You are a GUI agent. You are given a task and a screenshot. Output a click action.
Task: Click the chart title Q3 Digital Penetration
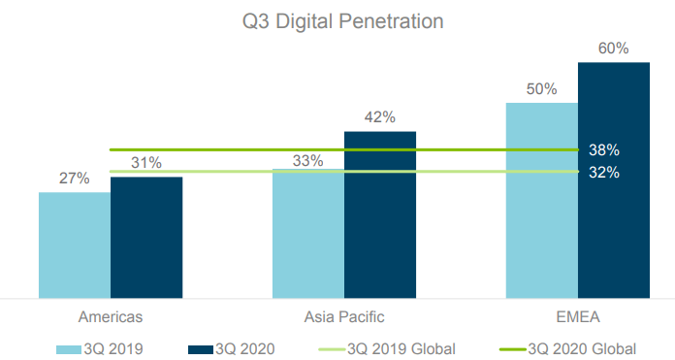(342, 21)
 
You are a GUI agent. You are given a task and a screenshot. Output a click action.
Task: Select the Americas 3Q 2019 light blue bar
(75, 245)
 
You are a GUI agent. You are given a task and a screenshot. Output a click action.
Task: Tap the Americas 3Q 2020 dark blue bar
(146, 238)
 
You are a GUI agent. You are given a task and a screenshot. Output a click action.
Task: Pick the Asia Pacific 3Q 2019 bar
(308, 234)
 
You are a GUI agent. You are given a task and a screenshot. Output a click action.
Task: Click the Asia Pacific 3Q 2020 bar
(380, 214)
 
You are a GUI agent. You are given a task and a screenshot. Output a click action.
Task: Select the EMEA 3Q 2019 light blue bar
(542, 200)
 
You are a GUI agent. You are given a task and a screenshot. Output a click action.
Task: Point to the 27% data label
(74, 178)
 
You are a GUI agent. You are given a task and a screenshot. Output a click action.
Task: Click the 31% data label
(146, 163)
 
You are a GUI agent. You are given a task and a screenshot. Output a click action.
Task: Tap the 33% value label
(307, 161)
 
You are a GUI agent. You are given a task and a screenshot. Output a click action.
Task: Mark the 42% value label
(380, 116)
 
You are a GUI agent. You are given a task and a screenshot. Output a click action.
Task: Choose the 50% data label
(541, 88)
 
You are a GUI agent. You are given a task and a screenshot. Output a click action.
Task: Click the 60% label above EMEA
(614, 49)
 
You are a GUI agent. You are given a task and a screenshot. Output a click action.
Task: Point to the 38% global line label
(604, 149)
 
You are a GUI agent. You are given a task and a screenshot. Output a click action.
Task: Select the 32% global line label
(604, 173)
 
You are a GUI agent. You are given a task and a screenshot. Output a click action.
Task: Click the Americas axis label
(111, 317)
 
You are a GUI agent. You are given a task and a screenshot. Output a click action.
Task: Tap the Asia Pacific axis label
(344, 317)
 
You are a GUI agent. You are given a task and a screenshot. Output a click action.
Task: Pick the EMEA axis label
(578, 317)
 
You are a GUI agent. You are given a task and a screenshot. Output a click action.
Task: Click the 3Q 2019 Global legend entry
(387, 348)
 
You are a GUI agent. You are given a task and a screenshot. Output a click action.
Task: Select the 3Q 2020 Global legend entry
(567, 348)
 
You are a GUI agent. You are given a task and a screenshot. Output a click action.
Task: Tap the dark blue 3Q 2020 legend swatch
(201, 349)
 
